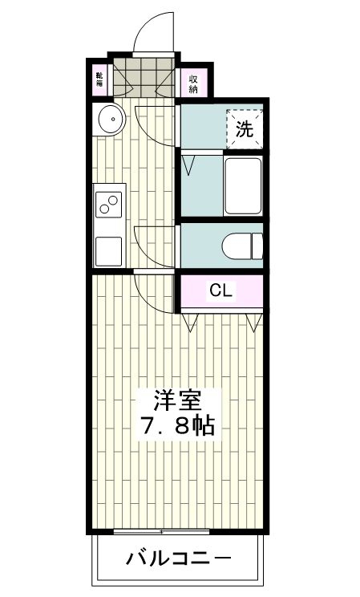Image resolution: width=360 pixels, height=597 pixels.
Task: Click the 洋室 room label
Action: coord(177,399)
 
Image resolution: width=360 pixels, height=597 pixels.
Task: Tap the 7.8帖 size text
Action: coord(177,425)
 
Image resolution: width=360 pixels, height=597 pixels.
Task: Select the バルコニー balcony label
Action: coord(178,558)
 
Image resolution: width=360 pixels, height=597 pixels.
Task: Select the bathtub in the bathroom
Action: coord(243,185)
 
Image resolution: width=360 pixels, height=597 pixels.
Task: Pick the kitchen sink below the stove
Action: coord(109,250)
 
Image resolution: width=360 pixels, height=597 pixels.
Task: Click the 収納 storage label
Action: coord(194,83)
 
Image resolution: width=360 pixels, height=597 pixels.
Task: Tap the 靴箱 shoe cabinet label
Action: coord(99,80)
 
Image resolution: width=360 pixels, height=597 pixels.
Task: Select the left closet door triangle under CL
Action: coord(191,323)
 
